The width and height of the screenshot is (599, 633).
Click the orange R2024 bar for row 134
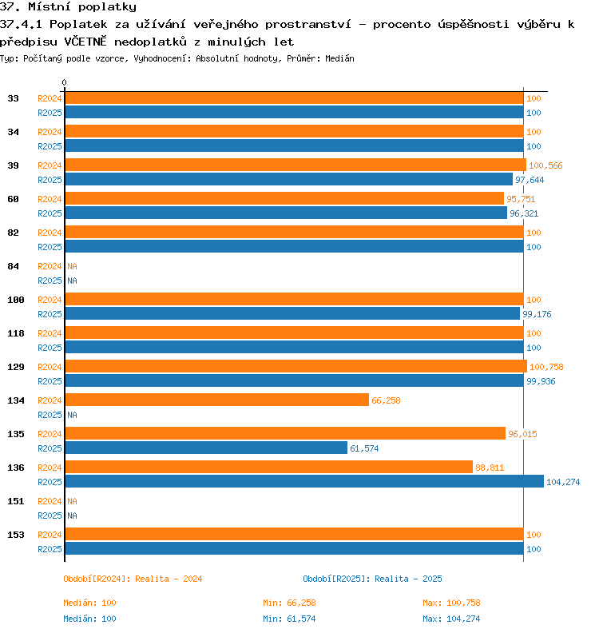[x=217, y=400]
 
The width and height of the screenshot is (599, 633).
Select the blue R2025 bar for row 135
[x=206, y=448]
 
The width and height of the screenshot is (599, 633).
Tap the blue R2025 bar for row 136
[x=304, y=481]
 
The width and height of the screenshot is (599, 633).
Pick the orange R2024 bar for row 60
[x=284, y=198]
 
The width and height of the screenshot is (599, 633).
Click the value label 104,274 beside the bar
[x=563, y=482]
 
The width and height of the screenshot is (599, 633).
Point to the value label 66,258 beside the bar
[x=386, y=400]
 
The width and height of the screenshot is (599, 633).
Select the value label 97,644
[x=530, y=180]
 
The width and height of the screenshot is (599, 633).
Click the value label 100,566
[x=545, y=165]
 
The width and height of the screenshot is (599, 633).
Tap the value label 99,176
[x=537, y=314]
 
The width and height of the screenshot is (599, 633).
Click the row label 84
[x=13, y=266]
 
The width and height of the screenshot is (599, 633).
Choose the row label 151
[x=16, y=501]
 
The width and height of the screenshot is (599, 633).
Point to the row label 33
[x=13, y=98]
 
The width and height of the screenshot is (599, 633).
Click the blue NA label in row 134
[x=72, y=415]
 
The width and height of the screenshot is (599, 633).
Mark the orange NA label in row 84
[x=72, y=266]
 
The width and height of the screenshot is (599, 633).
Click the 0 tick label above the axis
[x=64, y=82]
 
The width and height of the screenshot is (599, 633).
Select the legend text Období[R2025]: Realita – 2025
[x=372, y=579]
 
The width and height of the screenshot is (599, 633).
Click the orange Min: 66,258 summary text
[x=289, y=603]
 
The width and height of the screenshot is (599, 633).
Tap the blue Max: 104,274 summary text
[x=451, y=619]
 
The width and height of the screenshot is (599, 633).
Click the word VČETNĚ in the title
[x=85, y=42]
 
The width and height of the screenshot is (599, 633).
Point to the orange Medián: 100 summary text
[x=89, y=603]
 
